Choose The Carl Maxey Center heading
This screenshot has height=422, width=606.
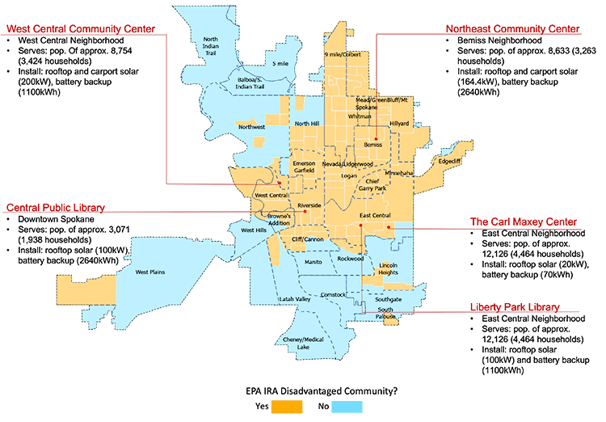[x=524, y=222]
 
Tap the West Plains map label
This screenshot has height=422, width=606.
[x=150, y=272]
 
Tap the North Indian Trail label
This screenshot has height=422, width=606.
[x=211, y=46]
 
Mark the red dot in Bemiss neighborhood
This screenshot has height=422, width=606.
[x=374, y=136]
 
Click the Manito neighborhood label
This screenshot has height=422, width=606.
[x=313, y=262]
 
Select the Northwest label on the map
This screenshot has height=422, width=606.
[x=251, y=127]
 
